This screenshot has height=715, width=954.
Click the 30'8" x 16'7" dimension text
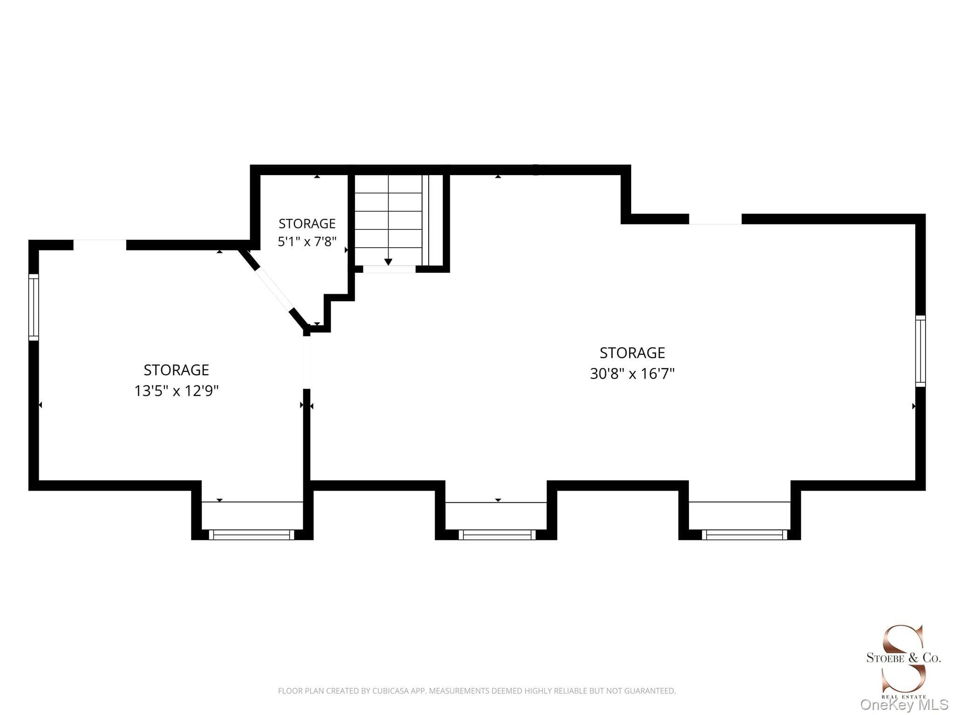632,374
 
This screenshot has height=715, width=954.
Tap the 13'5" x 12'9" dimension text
177,391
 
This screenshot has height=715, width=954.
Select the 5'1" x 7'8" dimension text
307,242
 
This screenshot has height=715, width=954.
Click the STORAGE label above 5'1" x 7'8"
307,223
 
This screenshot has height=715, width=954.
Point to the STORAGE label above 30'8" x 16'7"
632,353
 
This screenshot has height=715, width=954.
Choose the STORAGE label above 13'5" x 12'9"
177,370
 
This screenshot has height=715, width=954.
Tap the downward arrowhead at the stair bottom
388,262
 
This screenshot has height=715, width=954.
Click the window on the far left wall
34,307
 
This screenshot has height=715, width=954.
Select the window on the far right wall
920,351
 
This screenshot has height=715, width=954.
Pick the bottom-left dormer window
252,535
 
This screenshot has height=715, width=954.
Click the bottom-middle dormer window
497,535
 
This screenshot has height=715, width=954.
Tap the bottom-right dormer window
744,535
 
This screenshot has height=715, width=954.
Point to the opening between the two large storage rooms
307,362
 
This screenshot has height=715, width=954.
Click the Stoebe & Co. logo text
903,658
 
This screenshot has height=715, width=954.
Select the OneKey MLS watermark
904,705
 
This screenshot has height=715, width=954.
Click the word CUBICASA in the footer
390,691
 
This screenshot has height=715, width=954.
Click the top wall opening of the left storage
100,245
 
